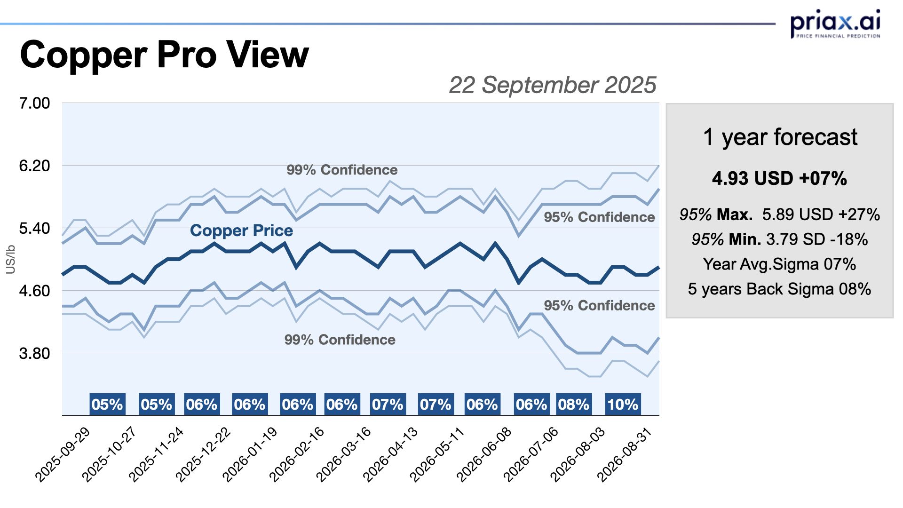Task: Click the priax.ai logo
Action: tap(835, 24)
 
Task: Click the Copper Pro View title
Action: tap(164, 55)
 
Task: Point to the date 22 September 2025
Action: tap(552, 85)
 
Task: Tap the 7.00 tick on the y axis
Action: tap(34, 103)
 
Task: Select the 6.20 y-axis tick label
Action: tap(34, 166)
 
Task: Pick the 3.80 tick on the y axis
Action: tap(34, 353)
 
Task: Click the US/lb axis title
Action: tap(10, 259)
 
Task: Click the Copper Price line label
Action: tap(241, 230)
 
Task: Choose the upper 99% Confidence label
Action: tap(342, 170)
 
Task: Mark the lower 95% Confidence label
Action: tap(599, 305)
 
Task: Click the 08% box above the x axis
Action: tap(574, 405)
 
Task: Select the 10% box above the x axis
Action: tap(623, 405)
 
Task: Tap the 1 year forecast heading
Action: tap(780, 137)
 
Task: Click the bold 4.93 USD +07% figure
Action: tap(779, 179)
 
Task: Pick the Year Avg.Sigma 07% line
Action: tap(779, 264)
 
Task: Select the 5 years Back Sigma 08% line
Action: tap(779, 289)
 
